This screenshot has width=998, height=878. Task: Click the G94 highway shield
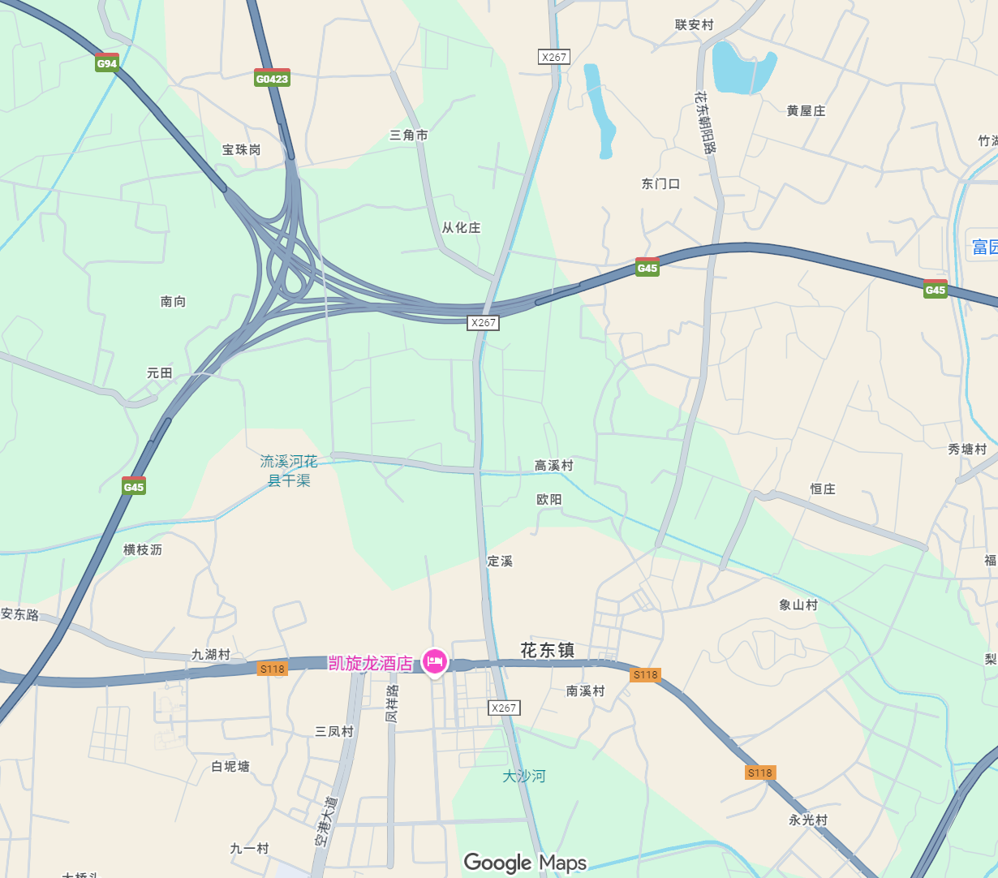[x=107, y=63]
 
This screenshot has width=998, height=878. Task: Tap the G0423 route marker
[x=272, y=79]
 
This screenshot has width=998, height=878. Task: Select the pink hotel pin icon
[x=435, y=662]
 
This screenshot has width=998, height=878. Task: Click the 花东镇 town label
[x=548, y=650]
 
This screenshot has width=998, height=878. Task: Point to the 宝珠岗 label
[x=242, y=150]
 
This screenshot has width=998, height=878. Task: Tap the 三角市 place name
[x=409, y=136]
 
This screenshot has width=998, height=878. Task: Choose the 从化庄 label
[x=461, y=228]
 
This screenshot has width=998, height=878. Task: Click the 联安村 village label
[x=695, y=25]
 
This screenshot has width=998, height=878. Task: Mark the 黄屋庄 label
[x=806, y=111]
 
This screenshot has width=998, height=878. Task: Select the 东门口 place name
[x=660, y=184]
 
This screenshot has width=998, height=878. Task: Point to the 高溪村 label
[x=553, y=466]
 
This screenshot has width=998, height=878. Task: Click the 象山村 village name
[x=798, y=605]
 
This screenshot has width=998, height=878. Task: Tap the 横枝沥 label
[x=143, y=550]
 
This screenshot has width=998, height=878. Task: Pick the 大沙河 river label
[x=524, y=777]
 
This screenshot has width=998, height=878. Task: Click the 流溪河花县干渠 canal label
[x=289, y=471]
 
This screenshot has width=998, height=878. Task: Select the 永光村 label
[x=808, y=820]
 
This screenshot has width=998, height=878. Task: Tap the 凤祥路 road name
[x=392, y=704]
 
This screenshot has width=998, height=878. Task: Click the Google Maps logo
[x=525, y=863]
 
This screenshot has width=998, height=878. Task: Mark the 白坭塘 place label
[x=230, y=767]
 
